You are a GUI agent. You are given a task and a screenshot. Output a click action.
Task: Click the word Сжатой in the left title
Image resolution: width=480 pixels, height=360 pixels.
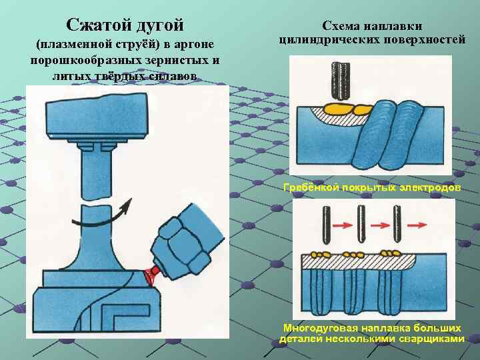[x=97, y=26]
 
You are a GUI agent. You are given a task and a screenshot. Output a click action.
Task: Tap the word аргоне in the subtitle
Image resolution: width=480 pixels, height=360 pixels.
[x=193, y=45]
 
